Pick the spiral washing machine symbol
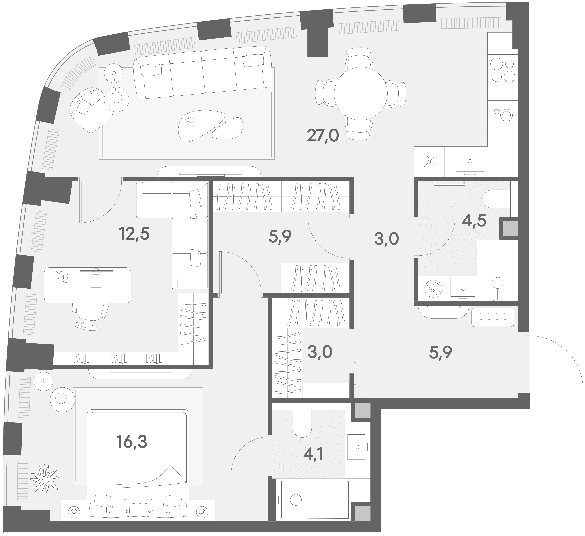coord(434,289)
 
